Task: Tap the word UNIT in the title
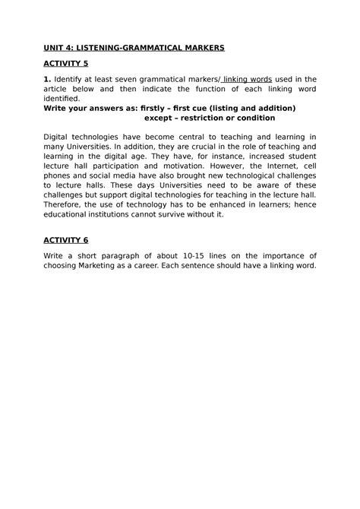coord(55,47)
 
